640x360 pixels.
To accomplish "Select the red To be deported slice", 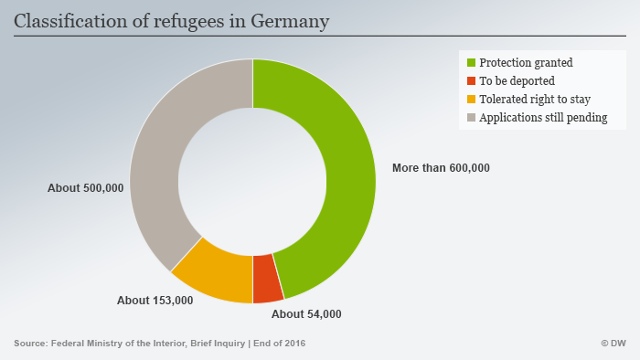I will [x=267, y=278].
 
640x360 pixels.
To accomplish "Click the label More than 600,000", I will [x=441, y=168].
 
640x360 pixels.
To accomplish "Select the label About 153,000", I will [x=155, y=300].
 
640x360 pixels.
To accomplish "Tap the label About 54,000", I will [x=307, y=314].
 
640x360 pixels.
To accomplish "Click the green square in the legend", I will [x=472, y=63].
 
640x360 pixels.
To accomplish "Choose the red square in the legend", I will [x=472, y=81].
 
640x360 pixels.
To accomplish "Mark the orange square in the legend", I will [x=472, y=100].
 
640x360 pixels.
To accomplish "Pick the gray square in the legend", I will [x=472, y=118].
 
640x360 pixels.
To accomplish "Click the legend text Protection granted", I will [x=527, y=63].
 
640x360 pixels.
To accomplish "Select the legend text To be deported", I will [x=517, y=81].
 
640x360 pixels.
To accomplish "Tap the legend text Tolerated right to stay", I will [x=534, y=100].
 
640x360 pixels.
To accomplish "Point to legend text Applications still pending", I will [x=544, y=118].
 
